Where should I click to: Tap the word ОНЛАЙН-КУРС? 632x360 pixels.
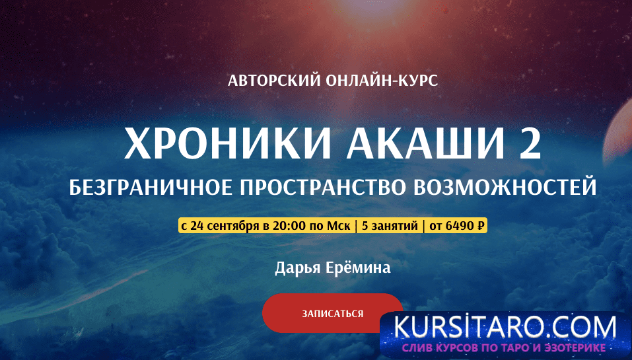click(x=382, y=80)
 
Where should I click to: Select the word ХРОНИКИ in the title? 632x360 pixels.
click(x=228, y=144)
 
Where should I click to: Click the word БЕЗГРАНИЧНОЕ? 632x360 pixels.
click(x=151, y=188)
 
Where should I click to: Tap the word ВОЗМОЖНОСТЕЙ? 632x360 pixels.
click(x=505, y=188)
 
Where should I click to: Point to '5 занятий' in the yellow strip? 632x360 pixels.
click(x=390, y=226)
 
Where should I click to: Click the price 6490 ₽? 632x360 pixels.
click(x=464, y=226)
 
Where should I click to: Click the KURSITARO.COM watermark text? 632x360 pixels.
click(x=505, y=328)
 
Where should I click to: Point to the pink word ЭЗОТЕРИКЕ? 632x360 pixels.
click(x=571, y=347)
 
